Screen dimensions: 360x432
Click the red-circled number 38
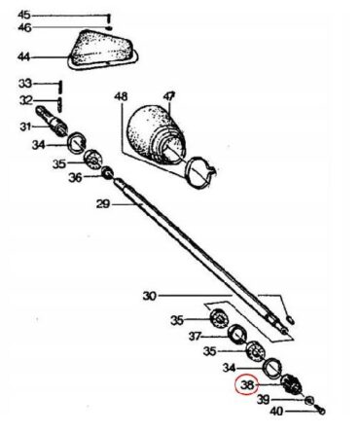click(246, 385)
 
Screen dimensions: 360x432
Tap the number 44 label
click(23, 57)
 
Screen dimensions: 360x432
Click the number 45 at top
click(24, 15)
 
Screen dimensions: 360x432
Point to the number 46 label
click(24, 27)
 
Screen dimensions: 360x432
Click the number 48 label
click(121, 96)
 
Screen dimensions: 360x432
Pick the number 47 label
click(169, 96)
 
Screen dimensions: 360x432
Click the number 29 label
click(103, 204)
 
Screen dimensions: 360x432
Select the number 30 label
click(150, 296)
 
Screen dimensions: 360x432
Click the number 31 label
click(25, 126)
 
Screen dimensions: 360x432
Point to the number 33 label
click(25, 84)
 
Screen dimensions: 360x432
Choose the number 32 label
click(26, 100)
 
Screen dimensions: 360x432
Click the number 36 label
click(75, 177)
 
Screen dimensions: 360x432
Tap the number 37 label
click(196, 337)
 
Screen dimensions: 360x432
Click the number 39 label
click(264, 400)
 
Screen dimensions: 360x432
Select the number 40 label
click(276, 412)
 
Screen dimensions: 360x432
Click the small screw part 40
click(321, 411)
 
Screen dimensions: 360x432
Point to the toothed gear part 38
click(291, 384)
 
